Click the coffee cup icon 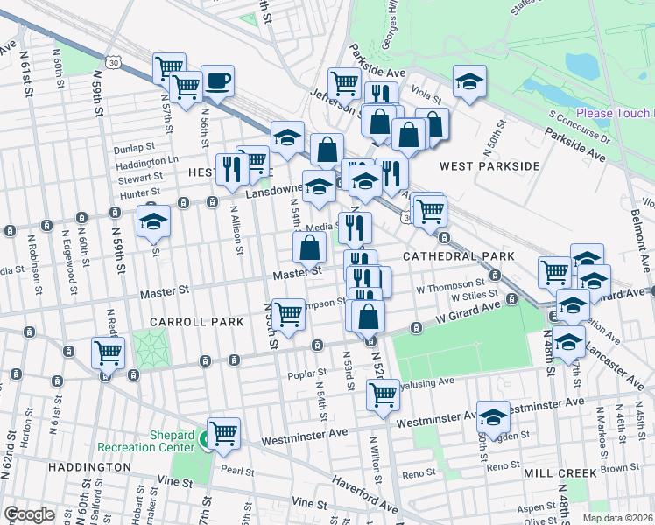click(x=217, y=82)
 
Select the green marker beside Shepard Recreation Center click(x=210, y=440)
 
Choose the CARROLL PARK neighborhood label click(x=195, y=322)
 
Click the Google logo click(x=29, y=514)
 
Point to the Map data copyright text click(x=617, y=518)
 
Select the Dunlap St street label click(x=134, y=148)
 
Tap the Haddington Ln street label click(x=146, y=162)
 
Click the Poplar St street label click(x=306, y=374)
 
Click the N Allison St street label click(x=237, y=228)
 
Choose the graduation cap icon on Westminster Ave click(x=493, y=417)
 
